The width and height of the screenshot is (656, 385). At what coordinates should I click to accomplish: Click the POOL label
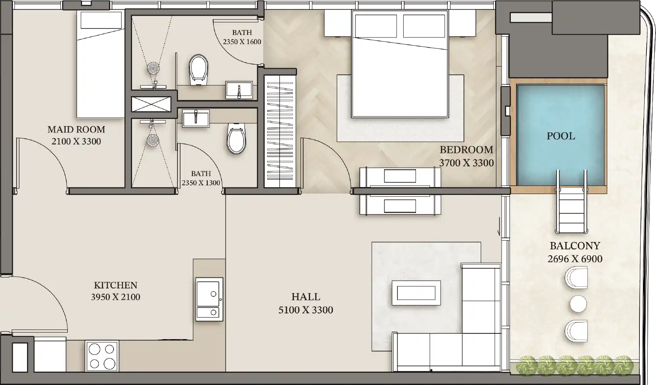[561, 136]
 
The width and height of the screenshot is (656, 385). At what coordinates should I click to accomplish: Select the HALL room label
[306, 297]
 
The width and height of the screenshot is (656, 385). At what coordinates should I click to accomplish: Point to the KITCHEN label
[115, 285]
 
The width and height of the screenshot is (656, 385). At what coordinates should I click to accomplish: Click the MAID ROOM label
[76, 129]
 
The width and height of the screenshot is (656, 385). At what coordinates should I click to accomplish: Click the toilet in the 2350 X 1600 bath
[199, 69]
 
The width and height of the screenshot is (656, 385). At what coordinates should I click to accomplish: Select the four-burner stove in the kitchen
[102, 356]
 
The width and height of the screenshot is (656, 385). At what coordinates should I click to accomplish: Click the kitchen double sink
[209, 299]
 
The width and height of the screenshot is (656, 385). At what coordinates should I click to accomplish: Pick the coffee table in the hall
[416, 293]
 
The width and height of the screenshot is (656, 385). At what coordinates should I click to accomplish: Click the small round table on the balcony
[578, 304]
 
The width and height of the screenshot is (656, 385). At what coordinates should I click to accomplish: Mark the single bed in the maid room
[101, 64]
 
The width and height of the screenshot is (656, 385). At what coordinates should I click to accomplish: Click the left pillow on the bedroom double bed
[376, 26]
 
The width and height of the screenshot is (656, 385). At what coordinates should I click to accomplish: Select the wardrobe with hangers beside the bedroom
[280, 132]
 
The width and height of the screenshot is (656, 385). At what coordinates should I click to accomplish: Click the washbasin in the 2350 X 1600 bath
[239, 90]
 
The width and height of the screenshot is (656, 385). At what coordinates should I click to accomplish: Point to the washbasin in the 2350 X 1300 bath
[195, 118]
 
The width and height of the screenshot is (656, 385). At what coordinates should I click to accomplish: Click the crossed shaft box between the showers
[151, 104]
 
